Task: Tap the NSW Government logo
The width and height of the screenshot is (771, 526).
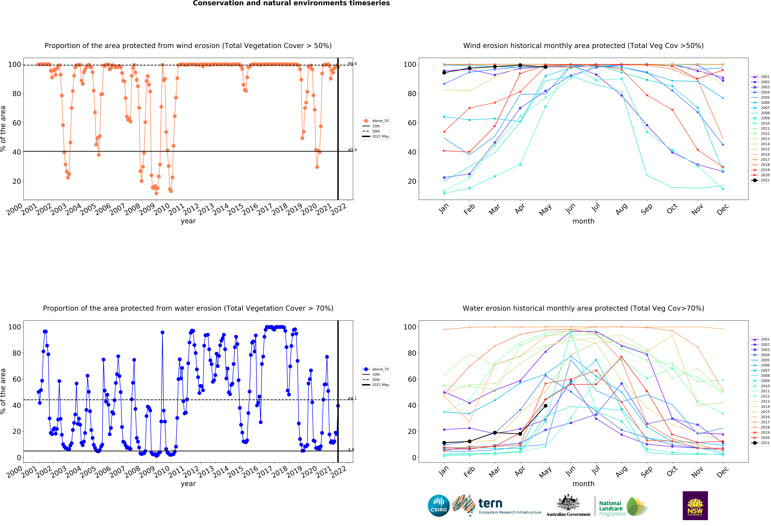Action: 695,505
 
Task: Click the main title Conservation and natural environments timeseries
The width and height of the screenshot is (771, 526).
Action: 291,3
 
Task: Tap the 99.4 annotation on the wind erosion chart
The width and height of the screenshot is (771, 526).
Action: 352,64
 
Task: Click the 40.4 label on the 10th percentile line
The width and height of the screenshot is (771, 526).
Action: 352,150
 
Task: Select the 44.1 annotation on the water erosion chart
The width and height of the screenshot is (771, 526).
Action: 352,398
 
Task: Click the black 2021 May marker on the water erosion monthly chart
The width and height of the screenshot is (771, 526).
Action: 545,406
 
